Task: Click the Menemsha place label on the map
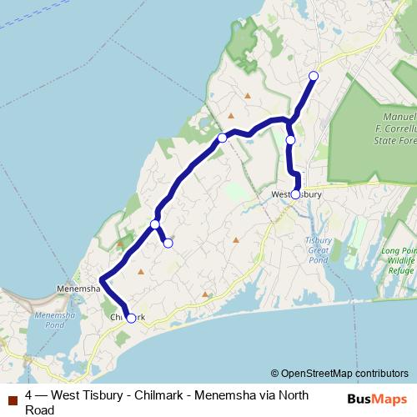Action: (x=78, y=289)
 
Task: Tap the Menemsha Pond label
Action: (x=55, y=320)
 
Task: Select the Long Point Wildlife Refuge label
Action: (x=399, y=260)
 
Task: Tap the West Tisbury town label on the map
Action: (x=296, y=195)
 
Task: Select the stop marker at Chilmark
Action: (x=131, y=318)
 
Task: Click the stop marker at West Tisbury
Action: (x=295, y=194)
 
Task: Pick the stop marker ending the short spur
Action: (x=168, y=243)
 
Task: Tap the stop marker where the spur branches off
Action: (x=155, y=224)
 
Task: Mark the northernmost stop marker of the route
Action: (x=314, y=76)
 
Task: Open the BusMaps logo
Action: (x=377, y=399)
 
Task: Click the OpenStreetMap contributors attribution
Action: (x=339, y=374)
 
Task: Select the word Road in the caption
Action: (x=40, y=409)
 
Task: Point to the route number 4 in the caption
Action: (x=29, y=394)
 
